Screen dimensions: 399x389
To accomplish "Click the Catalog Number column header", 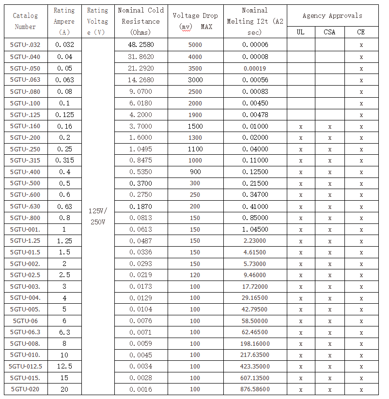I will click(x=25, y=21).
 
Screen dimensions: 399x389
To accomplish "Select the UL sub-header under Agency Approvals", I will click(x=300, y=32).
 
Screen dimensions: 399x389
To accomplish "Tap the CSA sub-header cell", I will click(x=329, y=32).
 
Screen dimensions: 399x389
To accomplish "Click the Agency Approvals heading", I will click(x=332, y=16).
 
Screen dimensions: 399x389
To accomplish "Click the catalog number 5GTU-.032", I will click(x=25, y=45).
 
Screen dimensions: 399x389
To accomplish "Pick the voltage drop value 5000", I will click(x=195, y=45).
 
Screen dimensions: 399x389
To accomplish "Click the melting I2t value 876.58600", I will click(x=255, y=389).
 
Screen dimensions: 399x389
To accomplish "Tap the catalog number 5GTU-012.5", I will click(x=25, y=366).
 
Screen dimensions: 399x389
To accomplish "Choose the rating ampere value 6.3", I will click(x=64, y=332).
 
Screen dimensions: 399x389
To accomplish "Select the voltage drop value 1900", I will click(x=195, y=115).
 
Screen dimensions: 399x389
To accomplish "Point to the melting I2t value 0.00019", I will click(x=255, y=68).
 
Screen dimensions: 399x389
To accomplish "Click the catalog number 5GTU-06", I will click(x=25, y=321).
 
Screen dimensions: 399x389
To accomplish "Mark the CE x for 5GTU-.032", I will click(x=361, y=45).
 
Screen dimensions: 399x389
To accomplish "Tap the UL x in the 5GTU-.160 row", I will click(x=300, y=127).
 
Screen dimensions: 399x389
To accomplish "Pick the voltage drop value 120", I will click(x=195, y=275).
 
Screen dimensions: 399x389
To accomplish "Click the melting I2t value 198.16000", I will click(x=255, y=344).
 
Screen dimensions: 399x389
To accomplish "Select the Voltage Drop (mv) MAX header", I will click(x=195, y=21).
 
